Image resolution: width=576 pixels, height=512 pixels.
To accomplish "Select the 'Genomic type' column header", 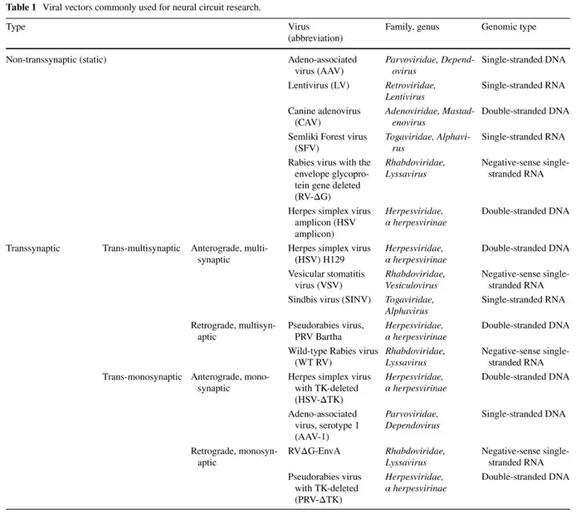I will tap(508, 27).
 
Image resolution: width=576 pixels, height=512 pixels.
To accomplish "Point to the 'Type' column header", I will tap(15, 27).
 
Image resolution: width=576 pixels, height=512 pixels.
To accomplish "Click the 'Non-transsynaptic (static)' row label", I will tap(56, 60).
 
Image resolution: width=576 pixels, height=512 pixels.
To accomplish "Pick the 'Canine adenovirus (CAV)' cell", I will tap(325, 116).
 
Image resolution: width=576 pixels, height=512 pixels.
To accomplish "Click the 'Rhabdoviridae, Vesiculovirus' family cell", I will tap(415, 279).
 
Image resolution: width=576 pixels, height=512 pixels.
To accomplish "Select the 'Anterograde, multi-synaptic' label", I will tap(230, 254).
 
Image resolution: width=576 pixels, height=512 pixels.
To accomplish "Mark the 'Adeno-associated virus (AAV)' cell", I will tap(322, 65).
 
